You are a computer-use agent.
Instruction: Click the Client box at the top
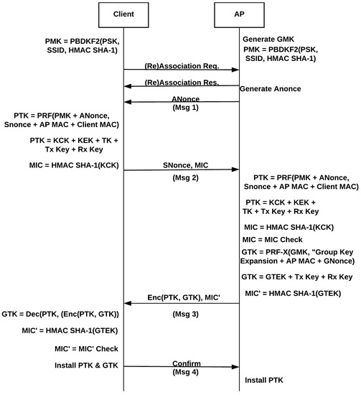[x=123, y=14]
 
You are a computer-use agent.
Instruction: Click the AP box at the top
[x=238, y=14]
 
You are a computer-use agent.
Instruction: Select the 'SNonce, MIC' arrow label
[x=181, y=165]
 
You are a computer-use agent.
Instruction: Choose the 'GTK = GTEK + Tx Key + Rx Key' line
[x=297, y=276]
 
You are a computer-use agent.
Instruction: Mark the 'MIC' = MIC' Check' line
[x=80, y=348]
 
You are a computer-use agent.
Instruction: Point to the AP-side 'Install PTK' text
[x=266, y=378]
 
